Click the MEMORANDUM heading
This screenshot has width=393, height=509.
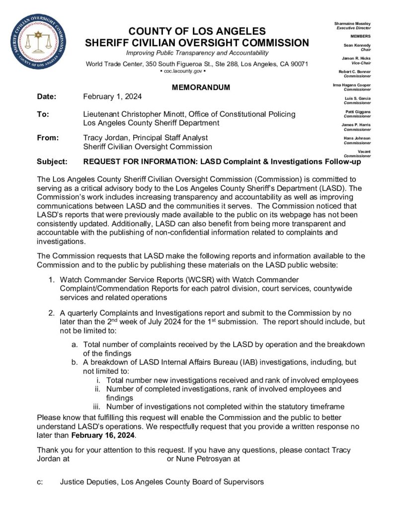pyautogui.click(x=201, y=87)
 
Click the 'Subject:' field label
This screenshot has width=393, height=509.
pyautogui.click(x=53, y=162)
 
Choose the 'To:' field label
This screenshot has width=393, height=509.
pyautogui.click(x=43, y=114)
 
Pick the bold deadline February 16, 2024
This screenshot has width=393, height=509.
pyautogui.click(x=103, y=435)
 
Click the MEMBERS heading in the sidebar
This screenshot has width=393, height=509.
pyautogui.click(x=360, y=36)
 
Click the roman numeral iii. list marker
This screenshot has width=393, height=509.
pyautogui.click(x=97, y=407)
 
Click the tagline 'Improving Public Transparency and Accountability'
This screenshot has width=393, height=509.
pyautogui.click(x=197, y=53)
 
